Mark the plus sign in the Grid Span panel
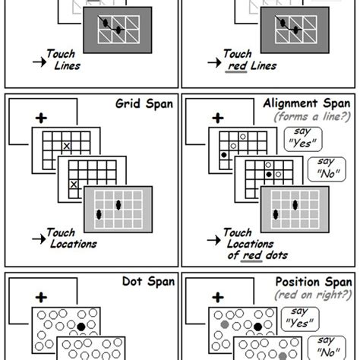(37, 118)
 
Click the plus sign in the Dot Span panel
(37, 298)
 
